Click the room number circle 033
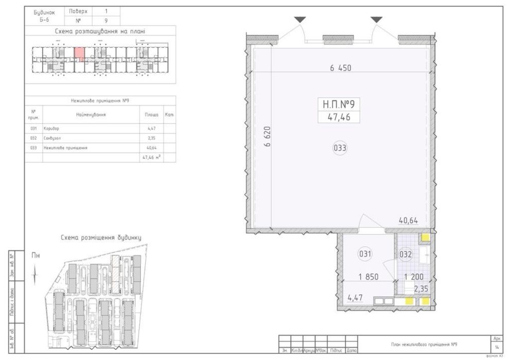point(340,149)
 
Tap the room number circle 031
point(365,254)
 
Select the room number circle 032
point(406,254)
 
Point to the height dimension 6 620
point(267,138)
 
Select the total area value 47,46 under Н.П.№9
point(339,117)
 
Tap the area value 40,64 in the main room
point(408,221)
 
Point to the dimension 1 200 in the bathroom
point(413,277)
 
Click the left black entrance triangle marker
point(300,20)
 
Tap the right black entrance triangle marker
point(377,20)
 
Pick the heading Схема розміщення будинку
point(100,238)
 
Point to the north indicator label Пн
point(36,255)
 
